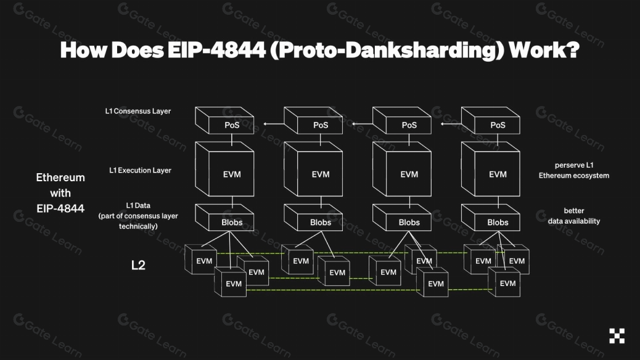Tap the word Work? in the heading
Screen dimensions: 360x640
click(542, 51)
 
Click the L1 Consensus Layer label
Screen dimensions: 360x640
click(137, 112)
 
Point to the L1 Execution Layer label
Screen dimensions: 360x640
click(140, 170)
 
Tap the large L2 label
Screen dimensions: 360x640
click(138, 266)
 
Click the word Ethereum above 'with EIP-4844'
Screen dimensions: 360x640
click(60, 178)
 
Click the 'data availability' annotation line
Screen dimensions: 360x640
click(574, 221)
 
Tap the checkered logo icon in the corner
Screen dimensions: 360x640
click(617, 336)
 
